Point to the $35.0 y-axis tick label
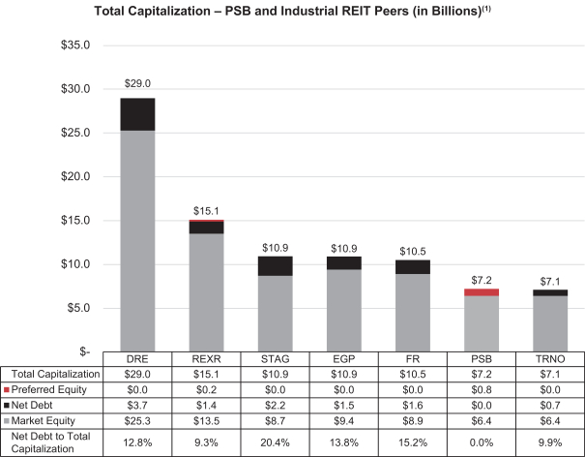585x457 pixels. pyautogui.click(x=74, y=46)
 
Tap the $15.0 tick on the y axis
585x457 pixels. pyautogui.click(x=74, y=221)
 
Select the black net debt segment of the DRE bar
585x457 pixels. pyautogui.click(x=137, y=114)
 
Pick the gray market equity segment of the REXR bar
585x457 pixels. pyautogui.click(x=207, y=290)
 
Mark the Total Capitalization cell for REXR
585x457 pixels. pyautogui.click(x=206, y=373)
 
